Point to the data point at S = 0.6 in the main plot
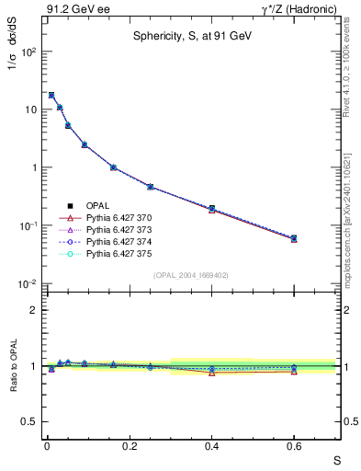click(x=294, y=238)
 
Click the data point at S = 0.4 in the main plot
click(x=211, y=209)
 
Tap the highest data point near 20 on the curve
click(x=51, y=95)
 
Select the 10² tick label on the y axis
click(x=28, y=52)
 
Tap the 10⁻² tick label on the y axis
click(x=28, y=284)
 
